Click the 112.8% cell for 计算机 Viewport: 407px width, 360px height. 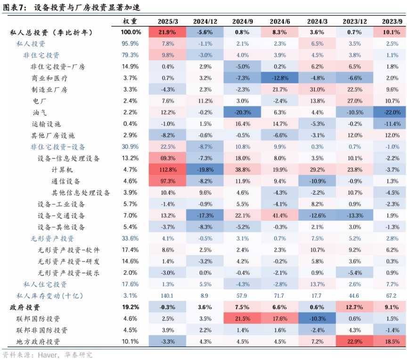[168, 170]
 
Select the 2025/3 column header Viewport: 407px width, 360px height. [168, 22]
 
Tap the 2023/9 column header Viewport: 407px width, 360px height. [391, 22]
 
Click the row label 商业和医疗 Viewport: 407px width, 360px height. [49, 78]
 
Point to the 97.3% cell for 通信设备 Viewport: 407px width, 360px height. [168, 181]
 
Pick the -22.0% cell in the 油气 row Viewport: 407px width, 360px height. [391, 112]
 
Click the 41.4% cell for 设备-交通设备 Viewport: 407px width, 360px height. [279, 215]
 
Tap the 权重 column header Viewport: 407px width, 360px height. [130, 22]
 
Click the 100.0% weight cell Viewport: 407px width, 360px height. [130, 33]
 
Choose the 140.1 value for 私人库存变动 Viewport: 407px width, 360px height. [168, 295]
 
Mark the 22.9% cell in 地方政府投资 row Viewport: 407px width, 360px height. [354, 342]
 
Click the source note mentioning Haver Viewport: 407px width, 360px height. [47, 354]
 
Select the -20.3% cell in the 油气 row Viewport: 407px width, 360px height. [242, 112]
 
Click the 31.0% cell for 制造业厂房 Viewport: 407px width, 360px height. [317, 90]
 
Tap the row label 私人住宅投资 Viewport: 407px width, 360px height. [45, 284]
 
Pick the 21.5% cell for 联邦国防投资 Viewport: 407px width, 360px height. [242, 319]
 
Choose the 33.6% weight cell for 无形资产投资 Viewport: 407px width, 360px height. [130, 238]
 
